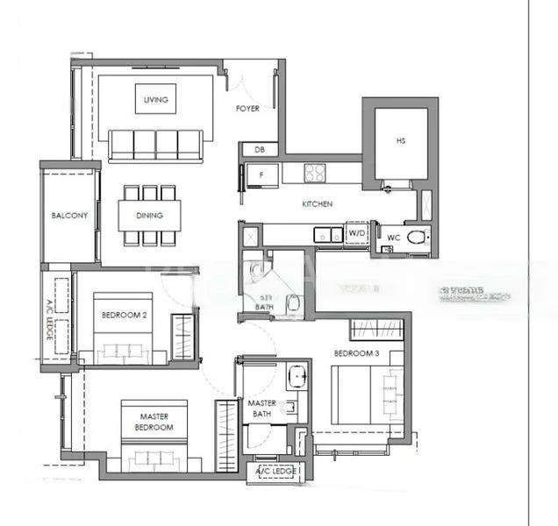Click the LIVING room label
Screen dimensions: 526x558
point(155,100)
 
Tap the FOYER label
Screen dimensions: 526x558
point(247,110)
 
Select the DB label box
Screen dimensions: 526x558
point(259,149)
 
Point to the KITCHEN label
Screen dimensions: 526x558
point(317,204)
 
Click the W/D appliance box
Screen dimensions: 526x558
point(356,234)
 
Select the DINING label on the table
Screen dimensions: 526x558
point(149,215)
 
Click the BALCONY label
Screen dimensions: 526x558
point(69,216)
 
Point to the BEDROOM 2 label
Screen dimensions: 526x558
point(125,315)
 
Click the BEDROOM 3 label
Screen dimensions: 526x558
point(356,354)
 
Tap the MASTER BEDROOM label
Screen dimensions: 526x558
point(154,422)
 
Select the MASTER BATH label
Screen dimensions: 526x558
point(262,409)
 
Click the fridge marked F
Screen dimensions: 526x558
point(261,174)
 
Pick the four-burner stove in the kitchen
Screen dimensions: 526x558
point(315,173)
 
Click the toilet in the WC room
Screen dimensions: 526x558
point(417,237)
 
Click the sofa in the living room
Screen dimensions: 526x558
point(156,145)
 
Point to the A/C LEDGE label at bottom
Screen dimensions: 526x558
point(275,472)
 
